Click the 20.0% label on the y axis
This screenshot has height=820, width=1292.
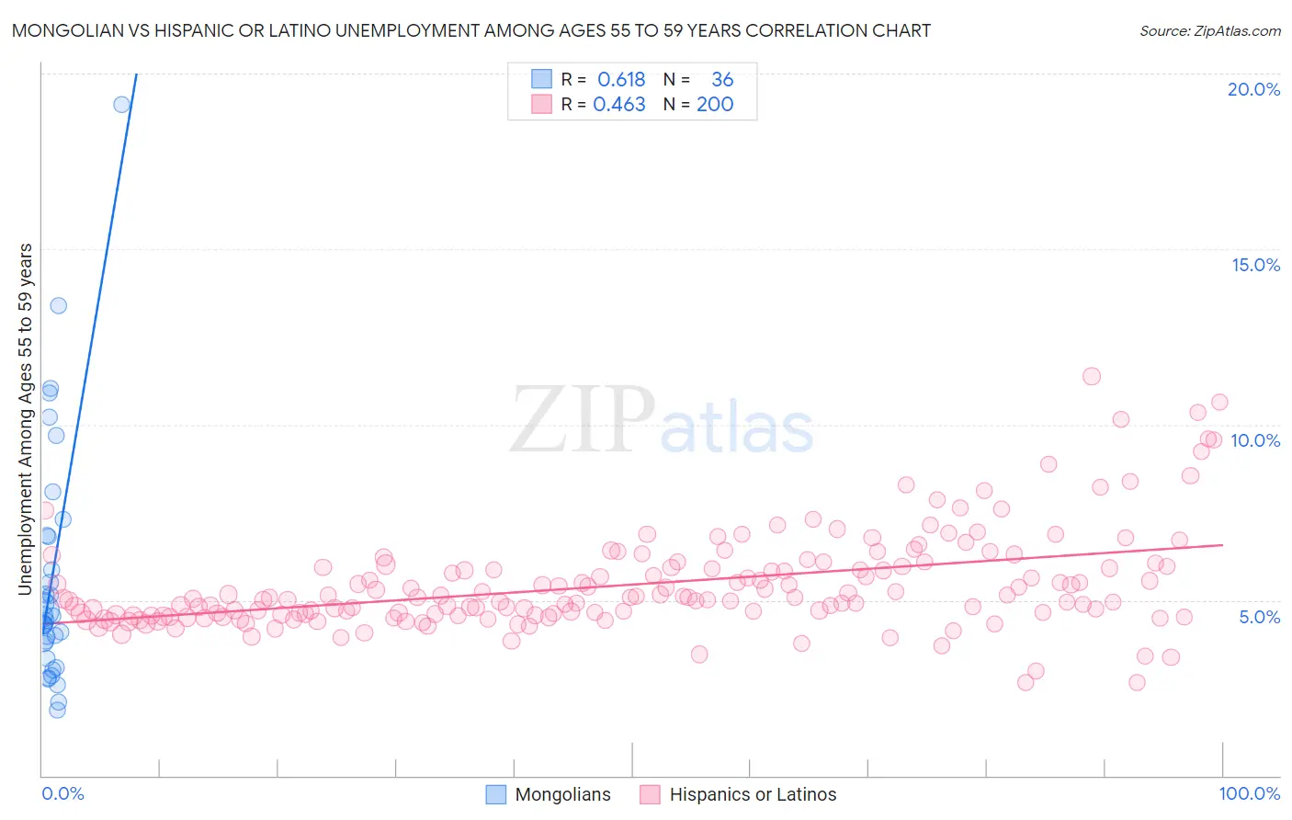1253,89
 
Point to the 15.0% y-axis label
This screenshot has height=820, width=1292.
1255,265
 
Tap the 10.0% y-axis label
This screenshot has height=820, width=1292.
1255,440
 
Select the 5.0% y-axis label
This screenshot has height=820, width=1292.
1259,617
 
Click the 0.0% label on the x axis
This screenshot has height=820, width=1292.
62,793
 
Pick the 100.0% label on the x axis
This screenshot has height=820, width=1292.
1250,793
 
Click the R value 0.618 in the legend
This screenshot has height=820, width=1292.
621,80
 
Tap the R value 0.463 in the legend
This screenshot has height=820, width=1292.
619,105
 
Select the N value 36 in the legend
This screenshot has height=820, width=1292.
722,80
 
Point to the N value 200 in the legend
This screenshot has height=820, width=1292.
715,105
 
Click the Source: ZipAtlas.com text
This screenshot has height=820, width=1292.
1209,31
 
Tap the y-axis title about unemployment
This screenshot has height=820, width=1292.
26,418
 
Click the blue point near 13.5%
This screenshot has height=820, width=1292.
58,305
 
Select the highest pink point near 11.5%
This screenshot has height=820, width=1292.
1092,376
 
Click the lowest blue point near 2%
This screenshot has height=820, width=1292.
57,710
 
